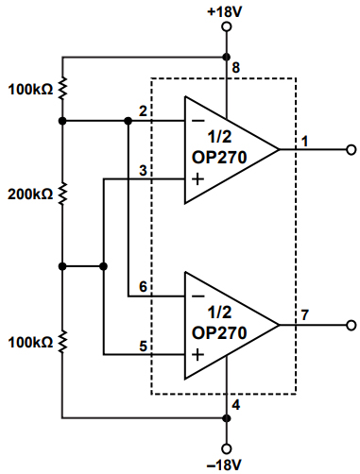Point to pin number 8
(x=236, y=67)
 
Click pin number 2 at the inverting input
(x=143, y=111)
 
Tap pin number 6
(x=143, y=286)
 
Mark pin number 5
(x=143, y=346)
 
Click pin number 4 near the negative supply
(x=236, y=405)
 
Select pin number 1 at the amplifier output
(x=305, y=141)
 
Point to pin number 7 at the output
(x=305, y=315)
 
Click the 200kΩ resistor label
(x=29, y=195)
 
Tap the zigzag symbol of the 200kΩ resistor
(x=62, y=195)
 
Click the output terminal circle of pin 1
(x=351, y=149)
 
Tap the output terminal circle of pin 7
(x=351, y=326)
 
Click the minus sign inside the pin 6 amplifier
(x=197, y=296)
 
